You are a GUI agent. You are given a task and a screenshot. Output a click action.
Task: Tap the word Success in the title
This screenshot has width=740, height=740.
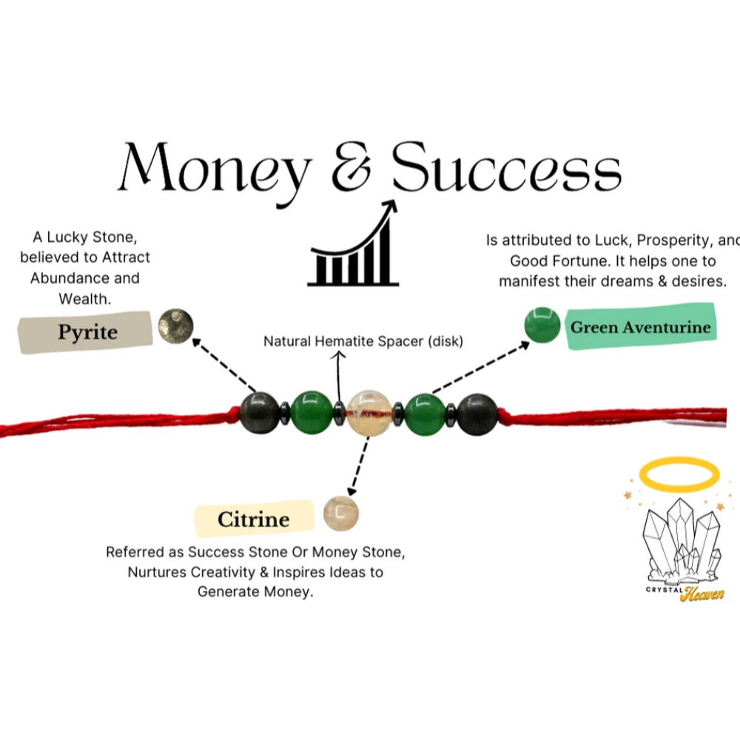506,169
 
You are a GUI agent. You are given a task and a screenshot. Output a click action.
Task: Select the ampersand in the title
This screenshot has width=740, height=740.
351,169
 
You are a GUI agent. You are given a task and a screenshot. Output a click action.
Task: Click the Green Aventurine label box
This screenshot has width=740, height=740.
641,327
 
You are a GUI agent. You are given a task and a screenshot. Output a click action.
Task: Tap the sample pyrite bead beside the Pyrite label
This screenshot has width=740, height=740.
175,326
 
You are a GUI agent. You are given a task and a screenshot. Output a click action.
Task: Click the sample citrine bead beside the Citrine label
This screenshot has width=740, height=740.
341,513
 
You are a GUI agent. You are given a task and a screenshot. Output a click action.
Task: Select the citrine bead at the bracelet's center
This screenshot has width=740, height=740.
369,412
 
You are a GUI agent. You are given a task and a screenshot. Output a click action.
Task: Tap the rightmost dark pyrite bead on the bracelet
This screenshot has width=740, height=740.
477,414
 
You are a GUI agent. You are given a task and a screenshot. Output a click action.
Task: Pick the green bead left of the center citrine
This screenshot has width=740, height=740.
311,413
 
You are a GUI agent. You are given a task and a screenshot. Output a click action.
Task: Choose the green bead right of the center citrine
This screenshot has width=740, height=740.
426,414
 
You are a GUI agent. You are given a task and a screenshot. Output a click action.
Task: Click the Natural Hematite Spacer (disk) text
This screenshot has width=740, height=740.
363,342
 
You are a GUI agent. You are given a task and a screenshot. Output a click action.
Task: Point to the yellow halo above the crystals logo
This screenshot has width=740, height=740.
679,473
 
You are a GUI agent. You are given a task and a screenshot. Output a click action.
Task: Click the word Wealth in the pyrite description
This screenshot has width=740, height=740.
86,299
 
